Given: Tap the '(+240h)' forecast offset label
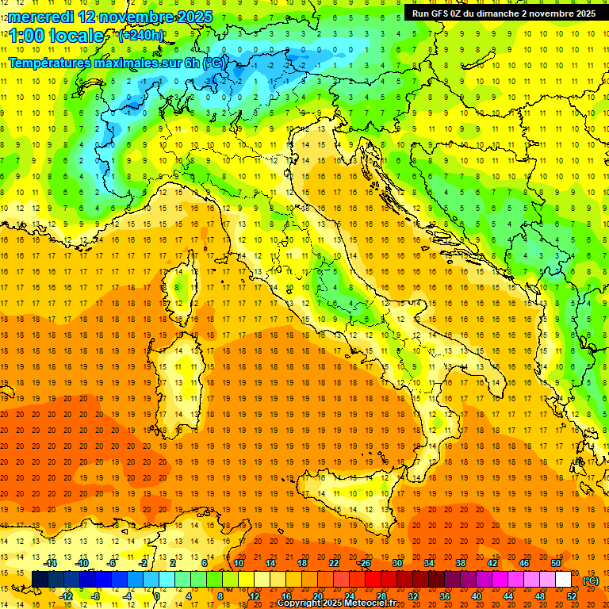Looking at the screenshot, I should (140, 35).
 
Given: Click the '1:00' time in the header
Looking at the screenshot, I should (27, 36).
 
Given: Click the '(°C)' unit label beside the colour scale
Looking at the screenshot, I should (590, 580).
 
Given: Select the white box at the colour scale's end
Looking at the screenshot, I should (563, 579).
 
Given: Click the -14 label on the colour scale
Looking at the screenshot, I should (52, 563).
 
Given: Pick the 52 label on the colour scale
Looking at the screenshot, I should (572, 596).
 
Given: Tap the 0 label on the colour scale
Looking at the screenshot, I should (157, 596).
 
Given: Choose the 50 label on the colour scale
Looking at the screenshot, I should (555, 563).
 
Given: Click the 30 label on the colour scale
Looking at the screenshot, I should (396, 563).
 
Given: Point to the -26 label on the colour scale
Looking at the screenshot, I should (364, 563).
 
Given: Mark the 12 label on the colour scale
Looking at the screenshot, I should (255, 596).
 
